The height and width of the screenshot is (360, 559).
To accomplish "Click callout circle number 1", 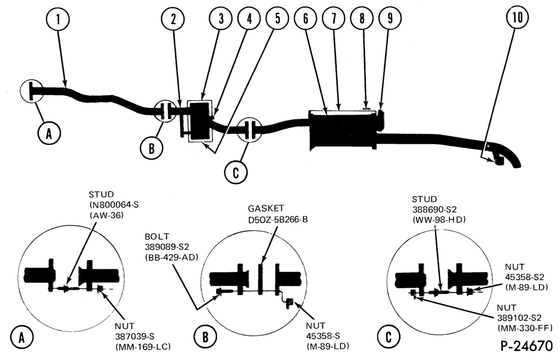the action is pos(58,19).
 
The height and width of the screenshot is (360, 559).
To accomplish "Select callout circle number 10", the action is pos(517,17).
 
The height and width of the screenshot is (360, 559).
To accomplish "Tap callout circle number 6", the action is pos(306,18).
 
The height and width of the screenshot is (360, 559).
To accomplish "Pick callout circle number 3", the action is pos(221,18).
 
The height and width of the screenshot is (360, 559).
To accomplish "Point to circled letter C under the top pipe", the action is pos(236,173).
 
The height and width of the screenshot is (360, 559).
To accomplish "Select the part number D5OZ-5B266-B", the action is pos(278,219).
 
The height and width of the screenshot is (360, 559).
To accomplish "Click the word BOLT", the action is pos(157,236).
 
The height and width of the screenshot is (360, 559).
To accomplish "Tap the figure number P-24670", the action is pos(527,345).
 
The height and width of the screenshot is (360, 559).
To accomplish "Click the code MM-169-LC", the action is pos(143,346).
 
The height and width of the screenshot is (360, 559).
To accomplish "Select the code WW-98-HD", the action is pos(439,220).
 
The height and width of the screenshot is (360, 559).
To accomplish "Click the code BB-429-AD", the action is pos(172,257).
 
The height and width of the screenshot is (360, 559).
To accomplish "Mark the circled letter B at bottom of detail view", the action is pos(205,337).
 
